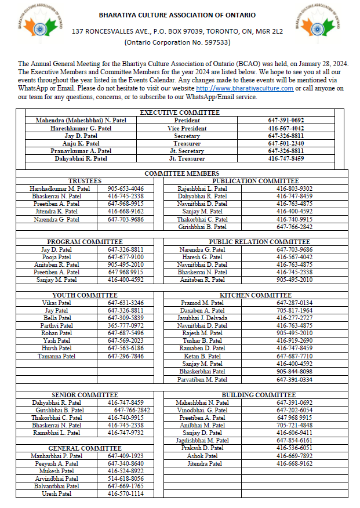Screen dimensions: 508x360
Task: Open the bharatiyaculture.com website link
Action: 245,88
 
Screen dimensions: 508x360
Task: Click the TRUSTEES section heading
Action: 85,181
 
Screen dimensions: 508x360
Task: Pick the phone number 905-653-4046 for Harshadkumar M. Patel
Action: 126,188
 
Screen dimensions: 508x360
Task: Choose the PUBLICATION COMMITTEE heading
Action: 255,181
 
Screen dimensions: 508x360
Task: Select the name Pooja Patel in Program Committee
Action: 57,257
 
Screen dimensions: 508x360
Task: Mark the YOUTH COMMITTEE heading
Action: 85,295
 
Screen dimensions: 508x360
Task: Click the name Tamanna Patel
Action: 57,356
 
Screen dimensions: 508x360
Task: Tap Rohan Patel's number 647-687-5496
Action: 126,333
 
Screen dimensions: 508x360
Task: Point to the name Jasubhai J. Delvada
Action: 202,318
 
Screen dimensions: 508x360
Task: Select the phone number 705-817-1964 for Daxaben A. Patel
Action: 294,311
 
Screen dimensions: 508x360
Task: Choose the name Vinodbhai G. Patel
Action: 202,409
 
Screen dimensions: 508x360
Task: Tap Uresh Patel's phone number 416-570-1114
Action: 126,494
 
